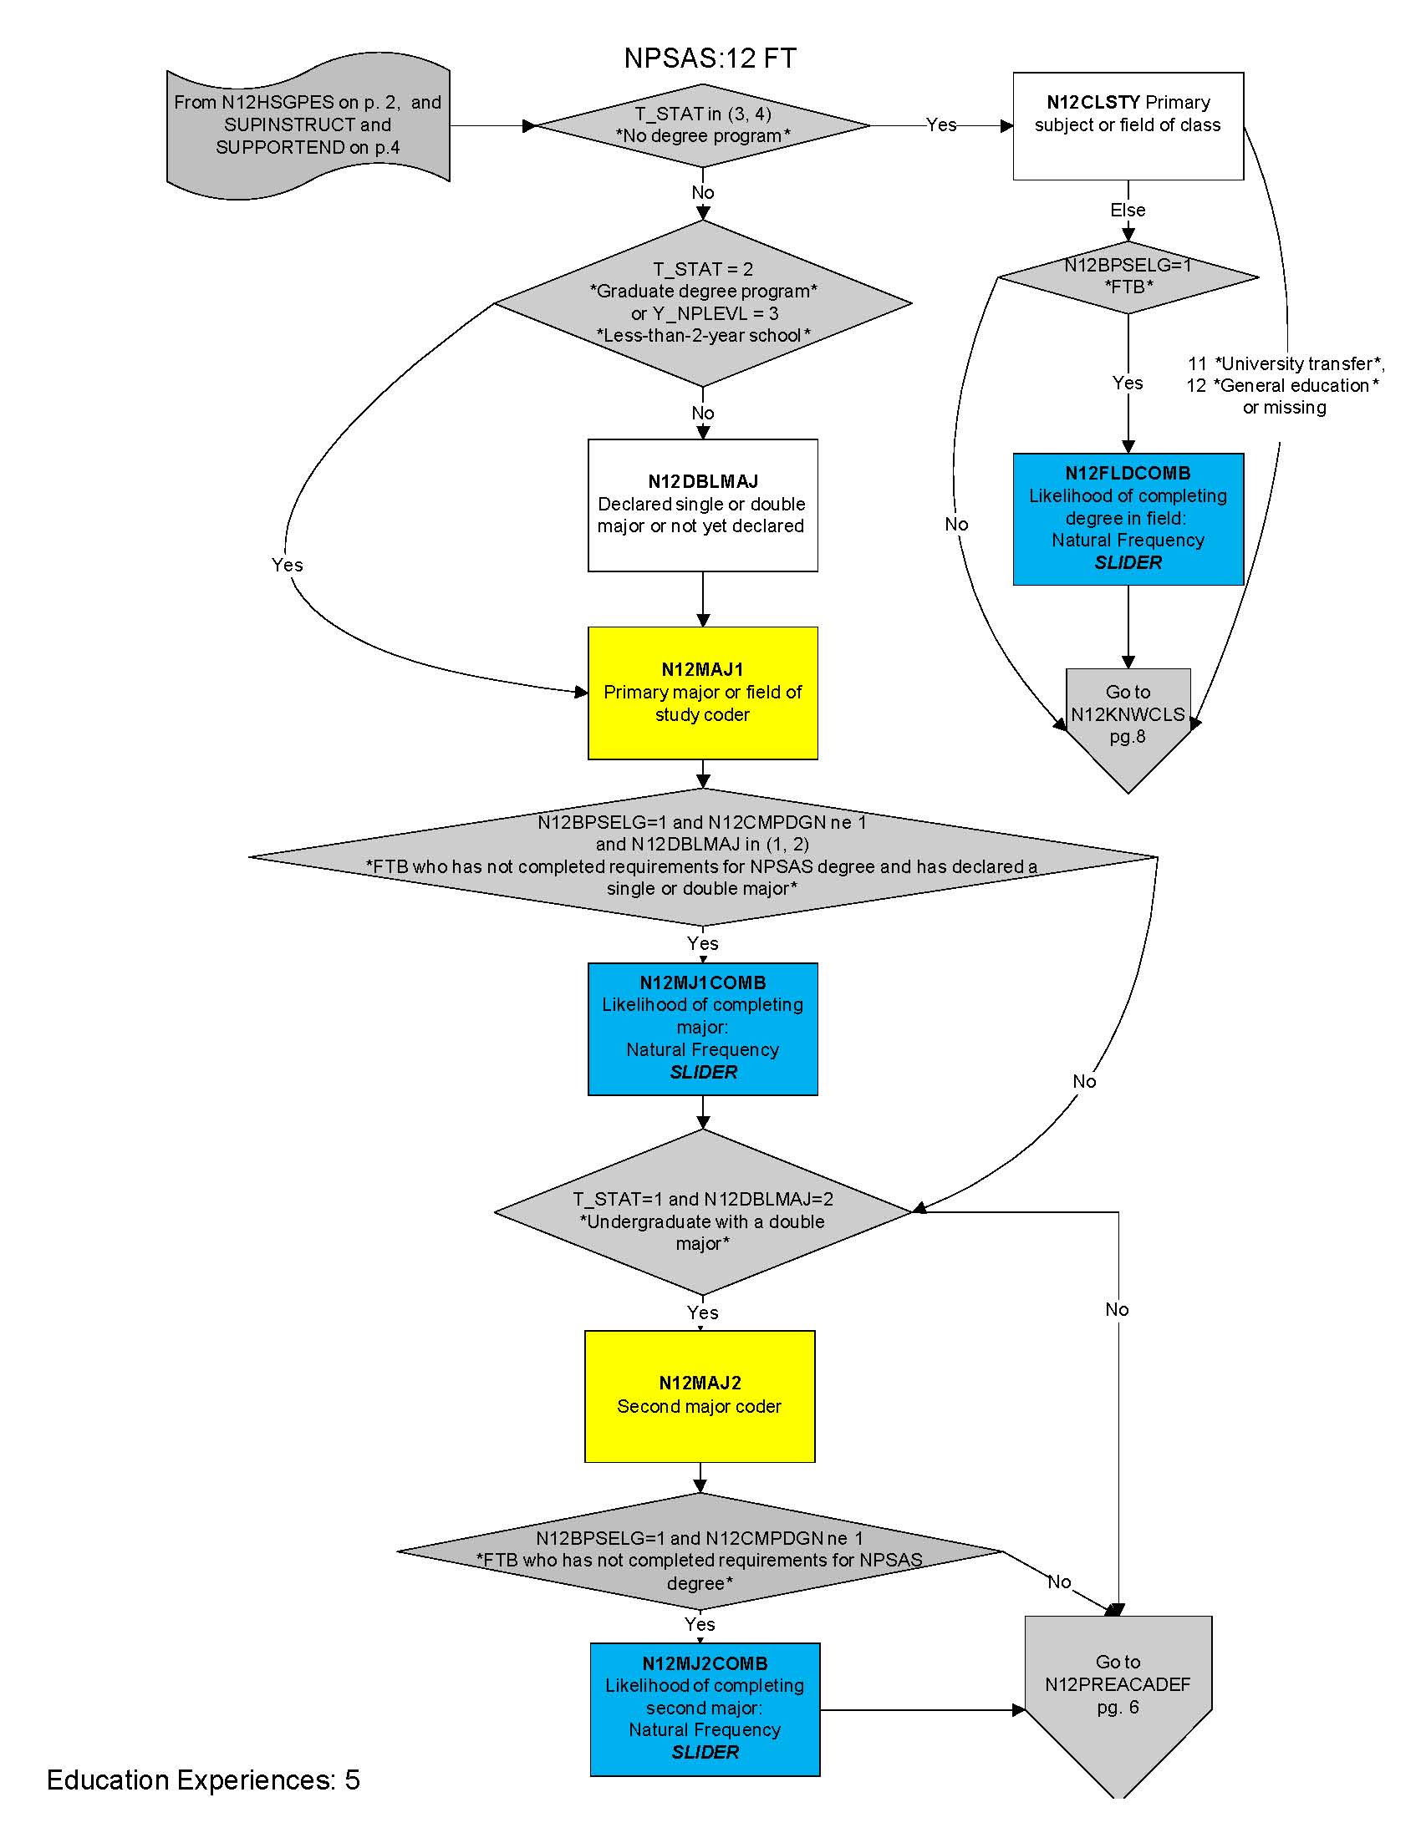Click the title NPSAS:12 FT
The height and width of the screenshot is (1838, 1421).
coord(710,58)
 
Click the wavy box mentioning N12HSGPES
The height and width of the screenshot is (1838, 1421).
coord(308,125)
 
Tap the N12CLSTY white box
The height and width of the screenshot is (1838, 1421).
coord(1128,125)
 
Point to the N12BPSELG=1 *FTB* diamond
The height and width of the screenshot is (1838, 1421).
coord(1128,277)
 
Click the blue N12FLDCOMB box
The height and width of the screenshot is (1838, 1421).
coord(1128,519)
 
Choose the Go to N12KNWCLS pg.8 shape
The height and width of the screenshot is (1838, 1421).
coord(1128,715)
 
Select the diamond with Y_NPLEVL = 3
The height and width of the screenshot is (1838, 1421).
coord(703,303)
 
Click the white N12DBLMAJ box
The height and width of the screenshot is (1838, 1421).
coord(702,505)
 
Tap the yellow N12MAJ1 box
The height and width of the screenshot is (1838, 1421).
coord(702,693)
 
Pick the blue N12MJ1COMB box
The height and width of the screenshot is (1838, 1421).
coord(702,1028)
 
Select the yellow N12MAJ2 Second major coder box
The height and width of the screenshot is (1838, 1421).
coord(700,1396)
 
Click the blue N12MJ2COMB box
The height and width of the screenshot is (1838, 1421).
coord(705,1709)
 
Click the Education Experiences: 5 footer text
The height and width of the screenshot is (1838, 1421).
coord(203,1780)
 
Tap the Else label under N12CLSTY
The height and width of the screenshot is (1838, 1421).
coord(1128,211)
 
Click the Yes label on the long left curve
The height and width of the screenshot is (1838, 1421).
coord(287,565)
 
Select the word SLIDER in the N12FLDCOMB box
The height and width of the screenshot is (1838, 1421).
coord(1128,563)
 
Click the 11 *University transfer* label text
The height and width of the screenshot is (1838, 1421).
coord(1286,363)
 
